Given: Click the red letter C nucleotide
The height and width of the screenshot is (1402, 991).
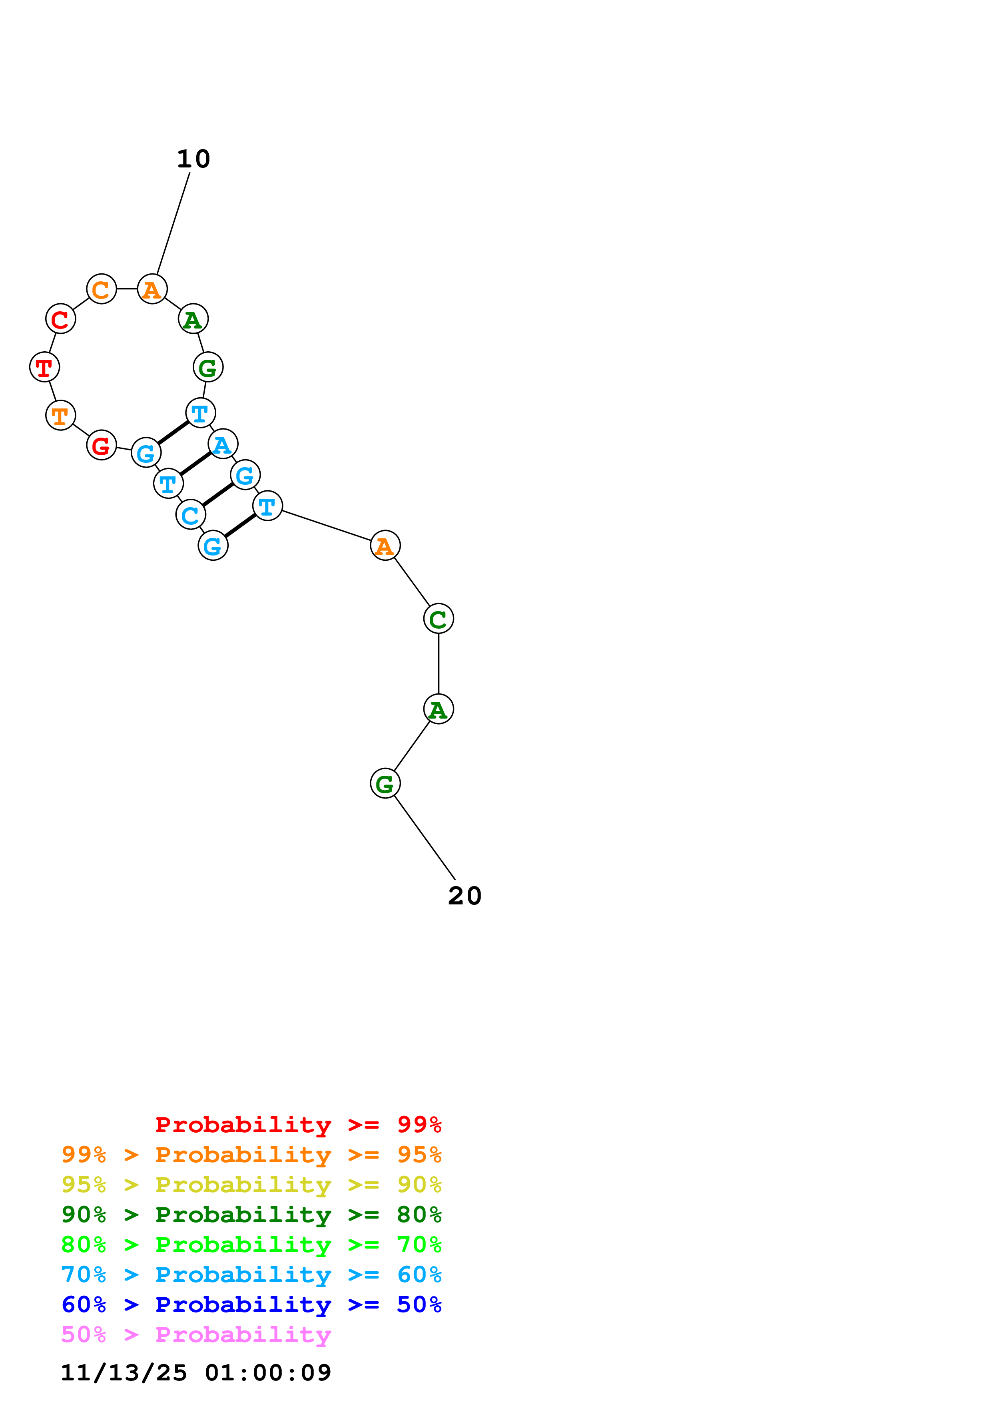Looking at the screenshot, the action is pyautogui.click(x=60, y=319).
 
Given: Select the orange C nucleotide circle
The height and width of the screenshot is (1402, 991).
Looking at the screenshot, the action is pyautogui.click(x=102, y=289).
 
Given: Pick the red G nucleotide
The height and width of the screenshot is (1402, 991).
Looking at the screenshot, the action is pyautogui.click(x=102, y=445).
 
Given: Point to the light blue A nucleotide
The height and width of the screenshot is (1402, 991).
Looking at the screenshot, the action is pyautogui.click(x=223, y=444).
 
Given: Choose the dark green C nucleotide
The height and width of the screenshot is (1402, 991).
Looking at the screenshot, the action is pyautogui.click(x=439, y=619).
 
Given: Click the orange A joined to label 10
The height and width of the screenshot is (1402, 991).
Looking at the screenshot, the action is pyautogui.click(x=152, y=289).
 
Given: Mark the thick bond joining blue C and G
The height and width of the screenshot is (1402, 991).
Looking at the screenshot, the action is pyautogui.click(x=217, y=495).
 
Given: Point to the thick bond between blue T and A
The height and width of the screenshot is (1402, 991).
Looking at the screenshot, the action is pyautogui.click(x=195, y=464).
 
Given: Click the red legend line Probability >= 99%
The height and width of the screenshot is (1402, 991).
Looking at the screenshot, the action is pyautogui.click(x=298, y=1125).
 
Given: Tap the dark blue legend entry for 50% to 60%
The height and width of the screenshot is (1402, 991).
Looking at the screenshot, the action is pyautogui.click(x=251, y=1304).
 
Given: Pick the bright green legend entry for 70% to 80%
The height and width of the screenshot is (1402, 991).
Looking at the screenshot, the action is pyautogui.click(x=251, y=1245).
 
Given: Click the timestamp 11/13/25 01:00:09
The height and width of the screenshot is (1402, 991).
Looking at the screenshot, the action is pyautogui.click(x=196, y=1373).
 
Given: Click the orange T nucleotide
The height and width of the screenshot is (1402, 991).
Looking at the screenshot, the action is pyautogui.click(x=60, y=415).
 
